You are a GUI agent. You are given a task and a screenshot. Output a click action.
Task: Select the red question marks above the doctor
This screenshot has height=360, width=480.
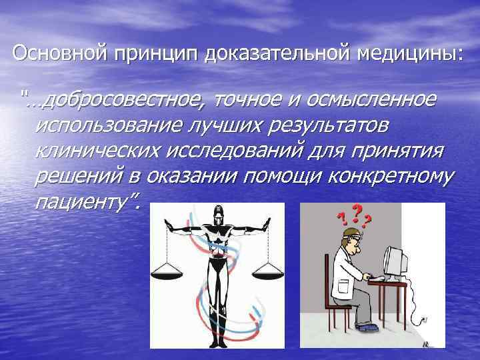pyautogui.click(x=354, y=214)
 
